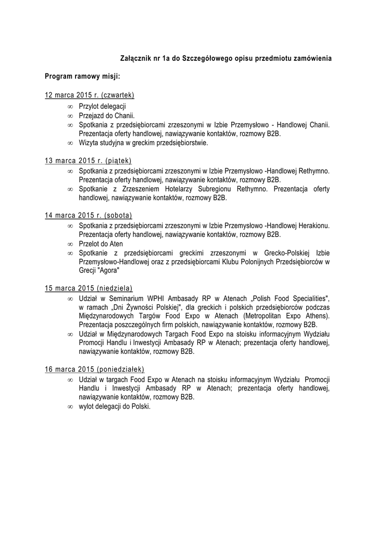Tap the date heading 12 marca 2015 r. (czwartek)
point(90,95)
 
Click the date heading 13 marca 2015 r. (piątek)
point(88,160)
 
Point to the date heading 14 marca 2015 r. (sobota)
point(89,215)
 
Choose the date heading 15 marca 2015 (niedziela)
point(89,288)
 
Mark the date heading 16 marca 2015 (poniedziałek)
point(94,369)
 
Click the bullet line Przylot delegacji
point(99,106)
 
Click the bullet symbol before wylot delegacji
point(70,407)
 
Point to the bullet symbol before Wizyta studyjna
point(70,143)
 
